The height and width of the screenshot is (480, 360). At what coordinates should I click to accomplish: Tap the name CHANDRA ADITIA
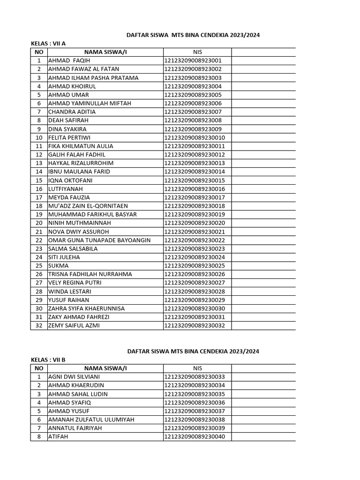pos(72,112)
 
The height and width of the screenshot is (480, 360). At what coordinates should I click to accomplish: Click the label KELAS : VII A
pos(48,44)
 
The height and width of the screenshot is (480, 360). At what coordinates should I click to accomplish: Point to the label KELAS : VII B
pos(48,360)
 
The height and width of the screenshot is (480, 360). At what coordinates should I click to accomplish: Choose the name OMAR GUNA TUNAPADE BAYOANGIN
pos(99,240)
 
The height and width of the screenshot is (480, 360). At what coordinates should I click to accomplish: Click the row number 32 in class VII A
pos(39,325)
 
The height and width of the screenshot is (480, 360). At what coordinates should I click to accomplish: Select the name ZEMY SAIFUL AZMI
pos(74,325)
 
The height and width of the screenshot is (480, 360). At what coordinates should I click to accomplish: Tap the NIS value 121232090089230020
pos(195,223)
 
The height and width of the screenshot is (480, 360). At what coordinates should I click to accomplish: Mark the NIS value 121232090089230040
pos(195,436)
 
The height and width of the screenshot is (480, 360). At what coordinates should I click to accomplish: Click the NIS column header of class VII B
pos(197,368)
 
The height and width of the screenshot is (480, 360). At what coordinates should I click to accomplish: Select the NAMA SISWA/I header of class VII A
pos(105,52)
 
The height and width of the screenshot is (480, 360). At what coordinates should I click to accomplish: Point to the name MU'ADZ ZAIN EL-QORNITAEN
pos(88,206)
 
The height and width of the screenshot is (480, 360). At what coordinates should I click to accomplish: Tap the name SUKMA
pos(59,265)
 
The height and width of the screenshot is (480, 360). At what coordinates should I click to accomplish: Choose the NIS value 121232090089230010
pos(195,137)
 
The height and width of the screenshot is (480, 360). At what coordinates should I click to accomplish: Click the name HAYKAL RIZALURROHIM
pos(81,163)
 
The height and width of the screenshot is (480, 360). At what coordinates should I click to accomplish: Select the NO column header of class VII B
pos(39,368)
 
